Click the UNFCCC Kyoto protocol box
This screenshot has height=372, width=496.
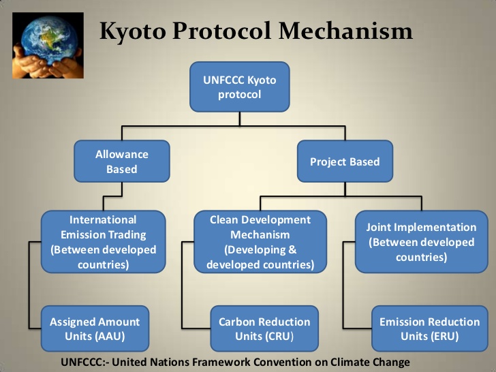239,87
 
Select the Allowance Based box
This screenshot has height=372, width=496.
122,161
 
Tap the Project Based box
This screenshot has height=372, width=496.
345,161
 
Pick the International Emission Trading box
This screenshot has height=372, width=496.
103,242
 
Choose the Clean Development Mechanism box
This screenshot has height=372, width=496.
260,242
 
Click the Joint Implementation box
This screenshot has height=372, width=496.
421,242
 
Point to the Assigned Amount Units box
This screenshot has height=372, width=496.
95,328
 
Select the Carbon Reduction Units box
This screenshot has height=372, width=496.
264,328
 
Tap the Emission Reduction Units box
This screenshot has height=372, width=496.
429,328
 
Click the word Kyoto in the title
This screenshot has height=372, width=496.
133,31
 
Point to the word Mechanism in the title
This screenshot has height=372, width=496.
345,31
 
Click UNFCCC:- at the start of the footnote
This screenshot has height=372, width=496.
84,362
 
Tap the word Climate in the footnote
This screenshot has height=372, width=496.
349,362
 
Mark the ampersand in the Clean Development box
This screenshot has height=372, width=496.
292,249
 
